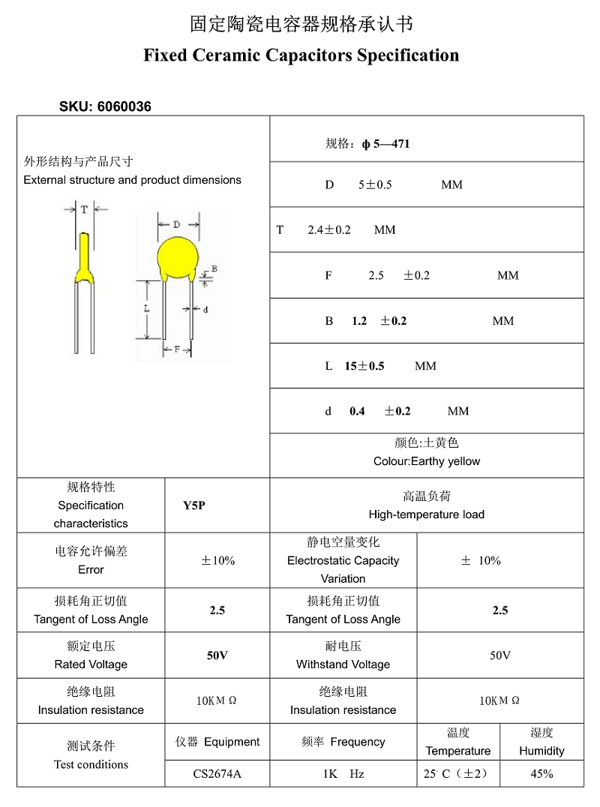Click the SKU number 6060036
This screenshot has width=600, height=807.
(124, 106)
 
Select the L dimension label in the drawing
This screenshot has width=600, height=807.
(147, 308)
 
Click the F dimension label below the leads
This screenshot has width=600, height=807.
(177, 349)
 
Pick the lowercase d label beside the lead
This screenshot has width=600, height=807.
(205, 309)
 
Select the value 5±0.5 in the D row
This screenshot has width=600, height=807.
(375, 184)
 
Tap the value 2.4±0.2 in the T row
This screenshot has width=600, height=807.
(329, 229)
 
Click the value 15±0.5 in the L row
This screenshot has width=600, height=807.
(364, 366)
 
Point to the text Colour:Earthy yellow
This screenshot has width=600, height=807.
(427, 461)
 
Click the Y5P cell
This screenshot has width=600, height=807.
(194, 505)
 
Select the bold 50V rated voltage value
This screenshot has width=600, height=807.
(217, 655)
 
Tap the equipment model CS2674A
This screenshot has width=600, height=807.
(217, 773)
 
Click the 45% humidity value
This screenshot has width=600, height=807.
(541, 773)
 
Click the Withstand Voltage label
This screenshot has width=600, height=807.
(343, 664)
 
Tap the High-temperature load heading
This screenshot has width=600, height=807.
(427, 514)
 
